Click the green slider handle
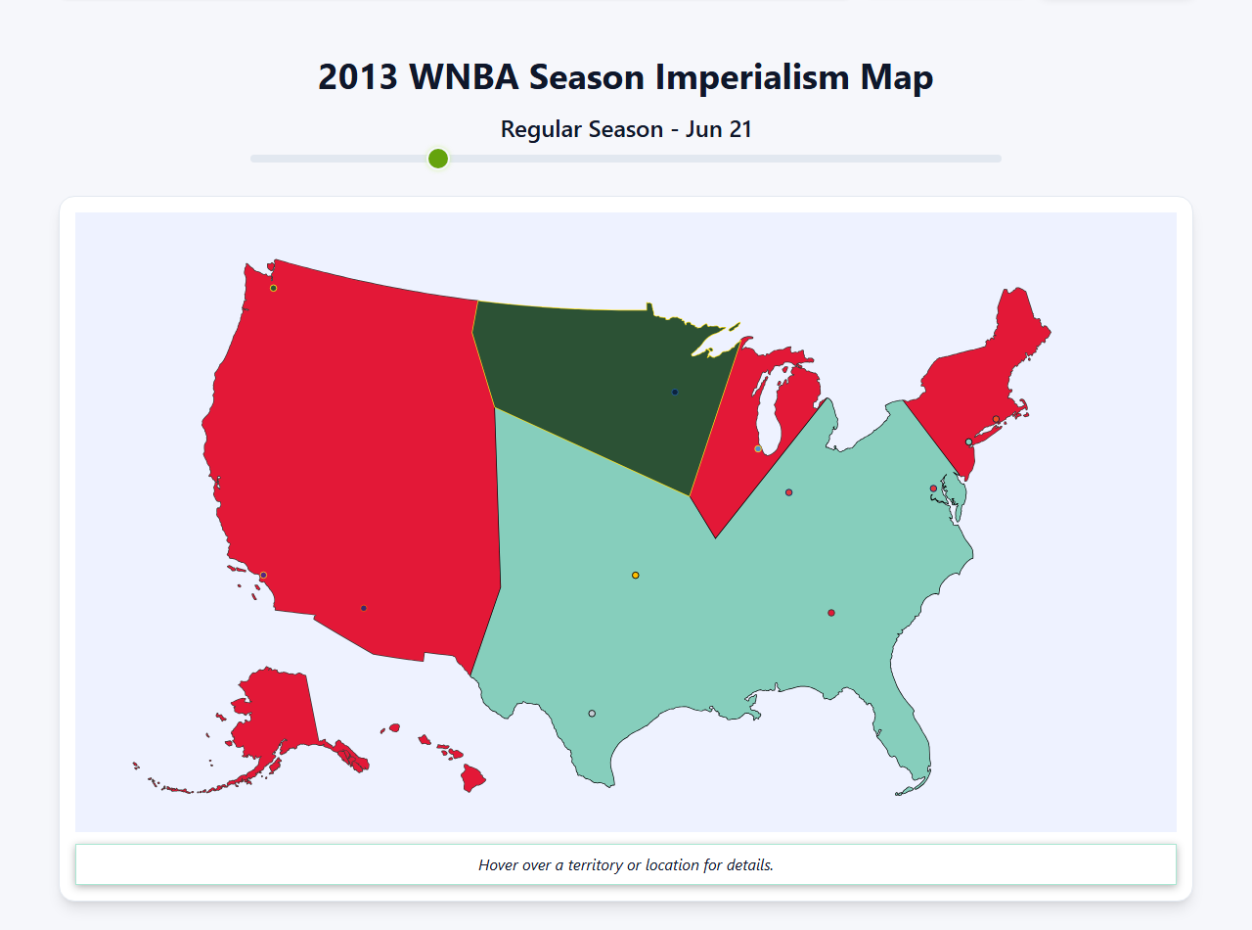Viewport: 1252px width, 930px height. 438,159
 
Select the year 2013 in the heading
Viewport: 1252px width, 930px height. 357,77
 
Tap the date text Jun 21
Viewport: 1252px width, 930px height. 718,129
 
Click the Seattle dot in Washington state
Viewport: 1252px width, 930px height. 274,288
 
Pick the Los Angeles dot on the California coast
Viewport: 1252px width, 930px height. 263,575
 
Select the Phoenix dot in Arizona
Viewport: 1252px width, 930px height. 364,608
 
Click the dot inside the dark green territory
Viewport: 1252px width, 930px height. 675,393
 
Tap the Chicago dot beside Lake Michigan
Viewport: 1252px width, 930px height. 758,448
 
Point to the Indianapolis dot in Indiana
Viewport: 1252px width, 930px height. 788,492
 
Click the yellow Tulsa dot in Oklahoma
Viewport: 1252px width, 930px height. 636,575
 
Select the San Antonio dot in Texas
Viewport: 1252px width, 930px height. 592,714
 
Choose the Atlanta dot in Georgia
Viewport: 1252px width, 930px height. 831,613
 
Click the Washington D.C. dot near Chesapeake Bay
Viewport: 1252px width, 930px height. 933,488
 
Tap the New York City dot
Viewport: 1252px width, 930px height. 969,442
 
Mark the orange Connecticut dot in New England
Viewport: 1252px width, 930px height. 996,419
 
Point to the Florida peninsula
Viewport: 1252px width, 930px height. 910,744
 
